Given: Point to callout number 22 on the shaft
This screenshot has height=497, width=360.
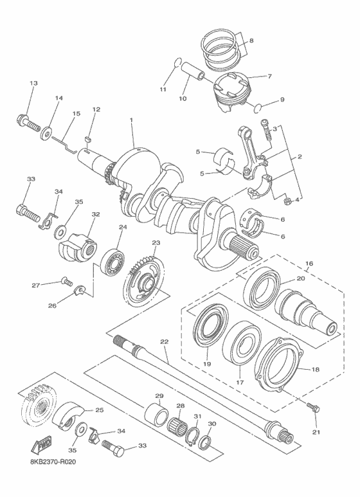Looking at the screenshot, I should coord(164,341).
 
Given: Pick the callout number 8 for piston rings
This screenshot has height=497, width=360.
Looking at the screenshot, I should coord(251,41).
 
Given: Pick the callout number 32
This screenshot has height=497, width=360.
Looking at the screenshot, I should coord(96,214).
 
